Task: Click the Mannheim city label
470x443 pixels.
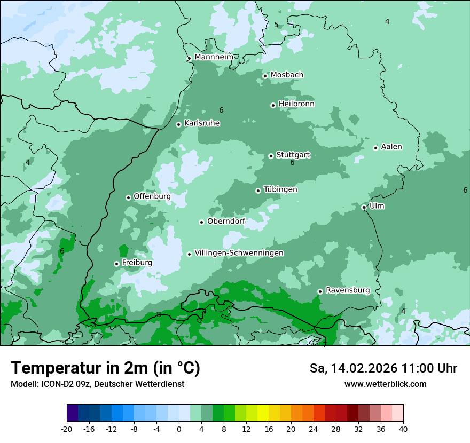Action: coord(214,57)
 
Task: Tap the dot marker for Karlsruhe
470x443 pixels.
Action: coord(179,124)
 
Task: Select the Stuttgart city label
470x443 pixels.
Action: coord(293,155)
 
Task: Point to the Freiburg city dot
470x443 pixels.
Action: coord(116,264)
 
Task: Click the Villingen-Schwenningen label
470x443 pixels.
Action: coord(239,253)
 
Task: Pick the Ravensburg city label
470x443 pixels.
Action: coord(348,290)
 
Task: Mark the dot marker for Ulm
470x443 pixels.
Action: coord(364,207)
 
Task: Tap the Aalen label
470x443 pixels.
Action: coord(391,147)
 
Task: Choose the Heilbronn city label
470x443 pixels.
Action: coord(296,104)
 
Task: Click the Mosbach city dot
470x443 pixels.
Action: coord(265,76)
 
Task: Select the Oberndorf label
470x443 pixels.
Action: coord(226,222)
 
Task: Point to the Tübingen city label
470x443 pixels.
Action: coord(280,189)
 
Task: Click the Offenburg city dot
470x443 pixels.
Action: coord(128,197)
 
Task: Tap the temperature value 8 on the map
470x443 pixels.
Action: coord(159,314)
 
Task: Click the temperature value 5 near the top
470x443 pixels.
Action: coord(276,25)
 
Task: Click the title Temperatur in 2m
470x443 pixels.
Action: coord(105,368)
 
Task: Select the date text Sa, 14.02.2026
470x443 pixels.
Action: coord(353,368)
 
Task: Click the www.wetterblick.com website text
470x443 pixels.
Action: coord(385,384)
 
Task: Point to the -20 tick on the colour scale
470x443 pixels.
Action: coord(67,429)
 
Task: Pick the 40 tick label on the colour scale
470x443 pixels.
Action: coord(403,429)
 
